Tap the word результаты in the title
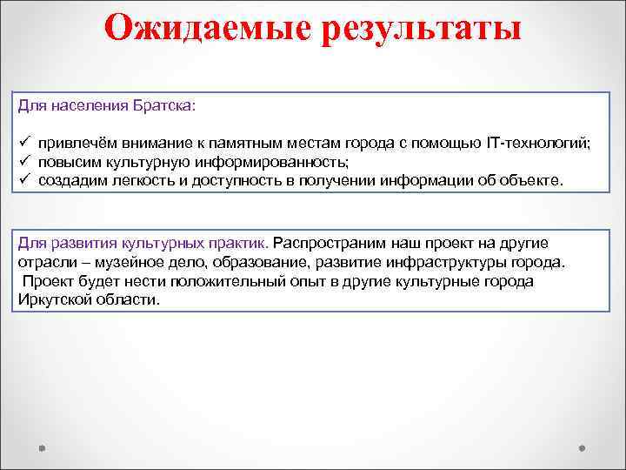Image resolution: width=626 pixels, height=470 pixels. (x=423, y=28)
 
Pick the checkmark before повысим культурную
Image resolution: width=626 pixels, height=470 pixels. (x=23, y=162)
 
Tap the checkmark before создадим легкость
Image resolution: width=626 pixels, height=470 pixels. (x=23, y=180)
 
